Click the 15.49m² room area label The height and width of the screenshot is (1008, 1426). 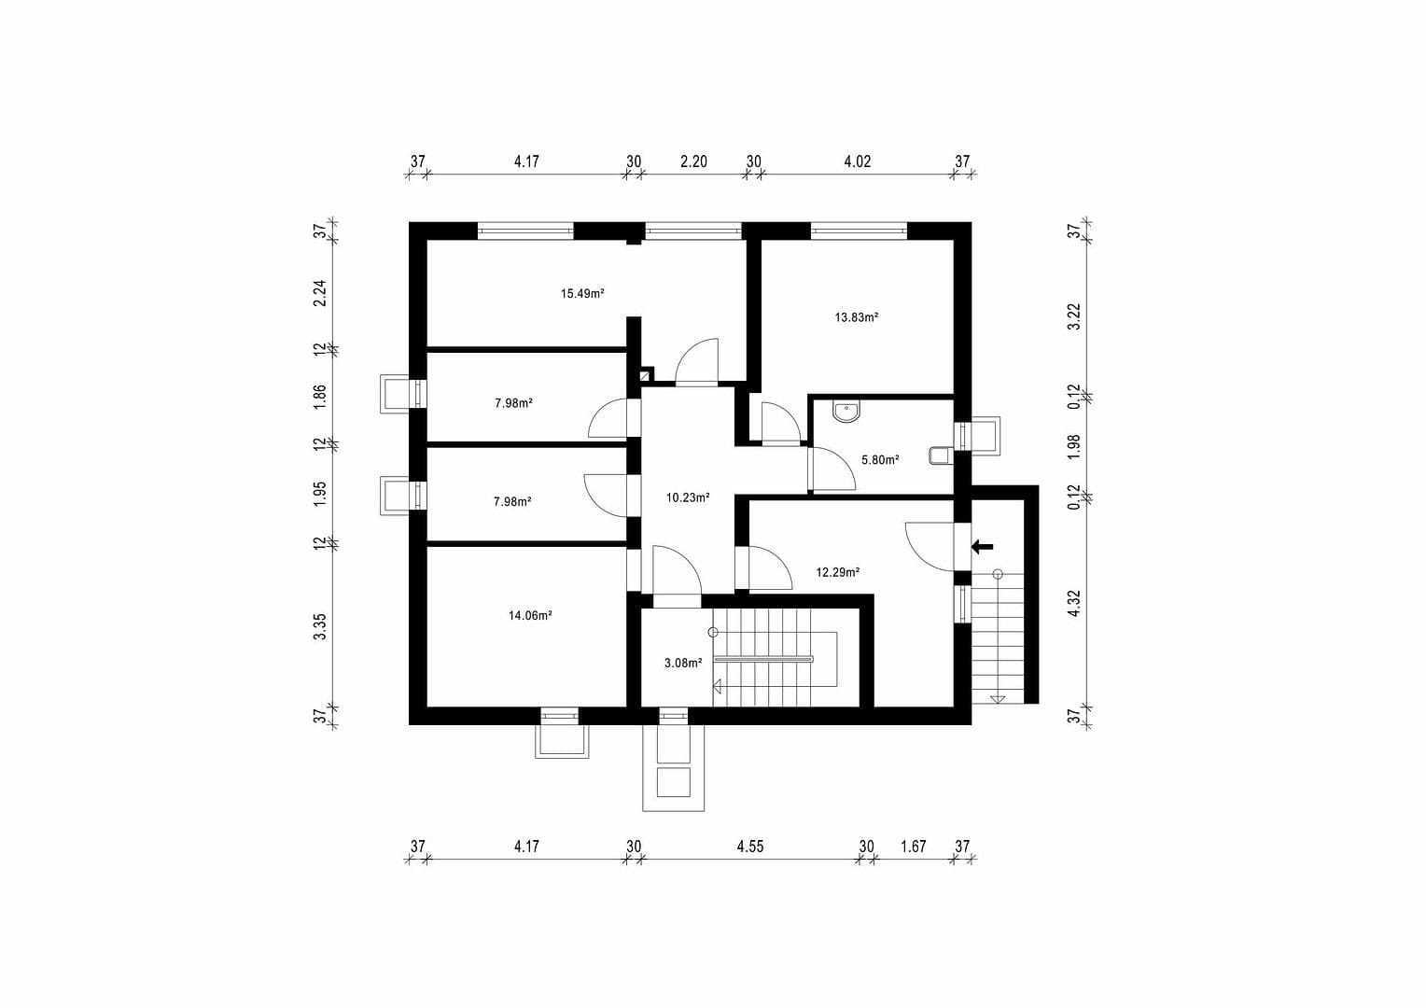582,293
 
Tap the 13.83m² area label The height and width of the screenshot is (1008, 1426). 856,317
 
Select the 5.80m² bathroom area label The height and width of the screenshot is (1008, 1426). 879,460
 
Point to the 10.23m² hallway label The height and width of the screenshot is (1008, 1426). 688,498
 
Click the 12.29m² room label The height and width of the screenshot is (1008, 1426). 837,573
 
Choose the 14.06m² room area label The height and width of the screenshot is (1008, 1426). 530,615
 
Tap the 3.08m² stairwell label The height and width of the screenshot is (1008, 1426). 682,664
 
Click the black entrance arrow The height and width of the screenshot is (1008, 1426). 983,547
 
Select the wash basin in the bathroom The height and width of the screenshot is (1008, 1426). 846,412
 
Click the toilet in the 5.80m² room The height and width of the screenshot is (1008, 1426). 939,455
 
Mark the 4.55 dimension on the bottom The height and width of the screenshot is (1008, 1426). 749,847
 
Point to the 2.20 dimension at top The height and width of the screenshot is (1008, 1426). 693,161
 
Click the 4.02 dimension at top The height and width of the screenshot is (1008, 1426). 857,161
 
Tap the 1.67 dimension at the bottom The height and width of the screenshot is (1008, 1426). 913,847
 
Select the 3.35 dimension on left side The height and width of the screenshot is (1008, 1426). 320,626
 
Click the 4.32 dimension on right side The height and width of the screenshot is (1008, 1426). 1074,603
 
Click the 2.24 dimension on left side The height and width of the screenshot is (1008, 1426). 320,294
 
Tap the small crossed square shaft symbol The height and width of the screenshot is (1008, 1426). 645,375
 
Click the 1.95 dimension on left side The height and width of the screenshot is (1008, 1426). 320,493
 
